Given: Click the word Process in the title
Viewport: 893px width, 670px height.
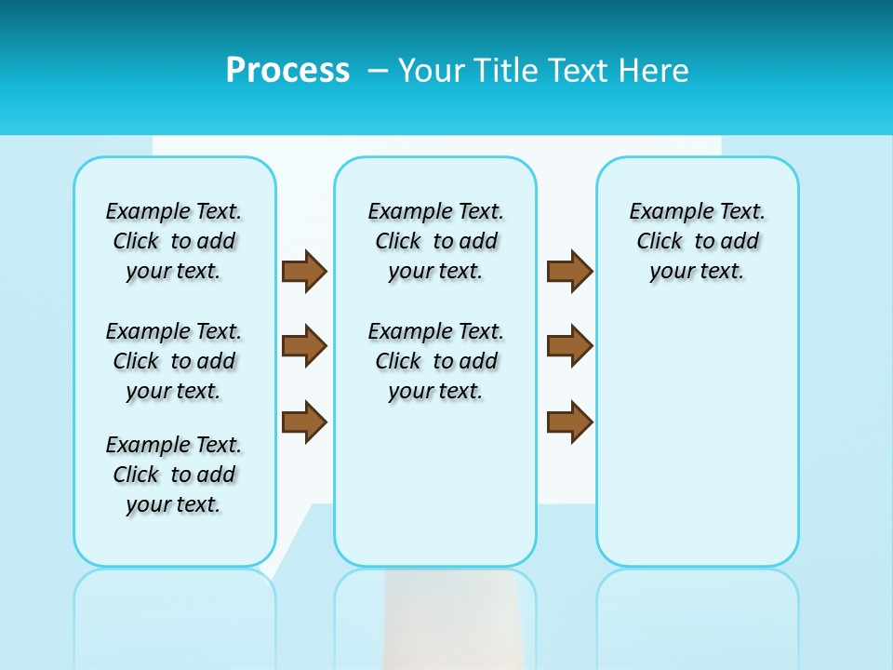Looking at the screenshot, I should [287, 71].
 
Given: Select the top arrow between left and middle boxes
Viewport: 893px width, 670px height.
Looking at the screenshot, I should [304, 271].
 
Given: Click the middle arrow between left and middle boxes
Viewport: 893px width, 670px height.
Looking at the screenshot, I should [304, 346].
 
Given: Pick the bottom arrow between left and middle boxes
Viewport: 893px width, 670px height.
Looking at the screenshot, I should [304, 422].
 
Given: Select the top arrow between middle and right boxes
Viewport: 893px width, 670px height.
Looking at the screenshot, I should [569, 271].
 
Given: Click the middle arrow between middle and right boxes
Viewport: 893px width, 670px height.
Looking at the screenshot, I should [569, 346].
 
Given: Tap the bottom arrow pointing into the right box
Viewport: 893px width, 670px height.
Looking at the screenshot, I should [569, 422].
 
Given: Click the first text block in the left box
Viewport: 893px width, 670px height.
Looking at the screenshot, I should [174, 241].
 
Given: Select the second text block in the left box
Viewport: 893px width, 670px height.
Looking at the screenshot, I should [174, 361].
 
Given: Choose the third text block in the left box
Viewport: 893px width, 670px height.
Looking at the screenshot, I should [174, 475].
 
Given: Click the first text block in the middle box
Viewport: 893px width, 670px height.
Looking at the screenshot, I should [435, 241].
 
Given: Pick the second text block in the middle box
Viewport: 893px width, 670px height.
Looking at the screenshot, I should [435, 361].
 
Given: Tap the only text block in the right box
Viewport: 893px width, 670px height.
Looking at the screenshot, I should [697, 241].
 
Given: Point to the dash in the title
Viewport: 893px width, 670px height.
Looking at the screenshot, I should [378, 71].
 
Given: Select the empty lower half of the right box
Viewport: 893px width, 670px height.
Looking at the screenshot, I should [697, 447].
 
